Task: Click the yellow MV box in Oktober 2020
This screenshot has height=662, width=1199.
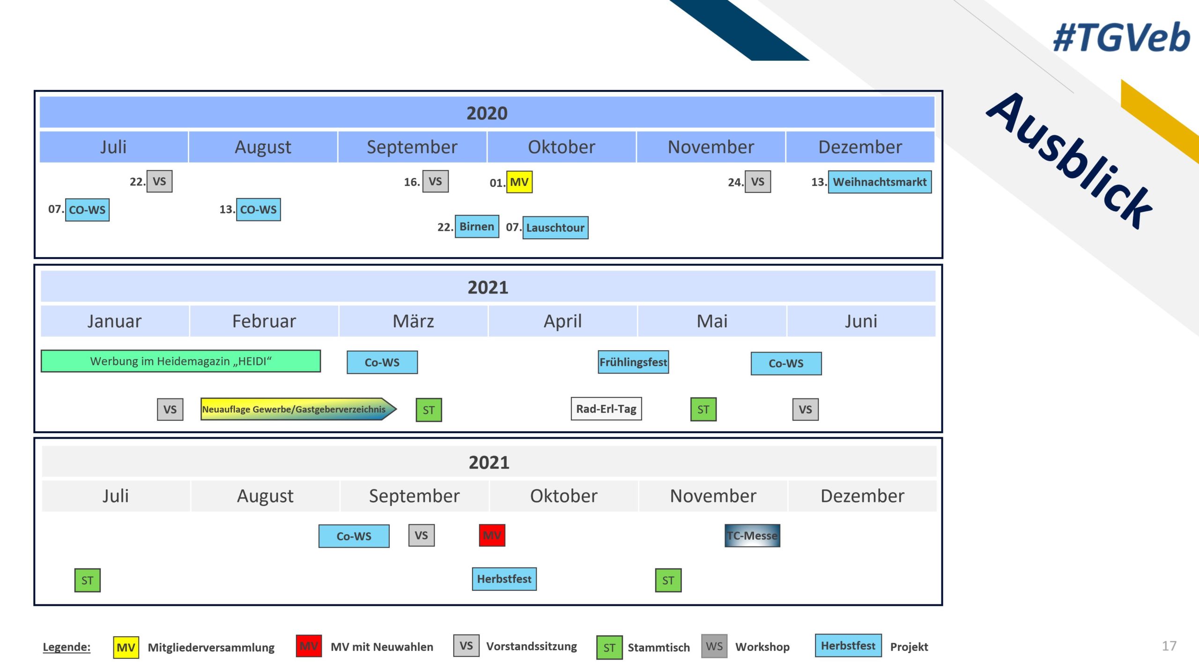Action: [519, 182]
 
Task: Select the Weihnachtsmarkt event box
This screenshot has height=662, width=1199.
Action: [880, 182]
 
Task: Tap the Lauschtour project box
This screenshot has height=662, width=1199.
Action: [555, 228]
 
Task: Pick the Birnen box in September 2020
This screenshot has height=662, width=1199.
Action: [477, 227]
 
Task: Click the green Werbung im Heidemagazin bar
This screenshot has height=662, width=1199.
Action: [181, 361]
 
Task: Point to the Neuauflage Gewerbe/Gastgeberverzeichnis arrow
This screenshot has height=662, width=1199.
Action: [298, 409]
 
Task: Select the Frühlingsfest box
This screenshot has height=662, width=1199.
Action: [633, 362]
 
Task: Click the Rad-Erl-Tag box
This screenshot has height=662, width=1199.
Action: [606, 409]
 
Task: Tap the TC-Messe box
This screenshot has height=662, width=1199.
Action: [752, 536]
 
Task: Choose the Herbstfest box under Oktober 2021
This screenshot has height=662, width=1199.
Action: [504, 579]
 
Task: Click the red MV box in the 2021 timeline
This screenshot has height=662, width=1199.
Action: [492, 536]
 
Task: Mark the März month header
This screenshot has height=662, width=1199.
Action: [413, 321]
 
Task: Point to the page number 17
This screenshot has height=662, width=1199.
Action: [1169, 646]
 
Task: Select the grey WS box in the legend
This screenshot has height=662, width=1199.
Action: [714, 647]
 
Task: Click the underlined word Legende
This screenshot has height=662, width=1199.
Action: [67, 647]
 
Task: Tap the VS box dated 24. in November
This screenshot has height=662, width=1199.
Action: [758, 182]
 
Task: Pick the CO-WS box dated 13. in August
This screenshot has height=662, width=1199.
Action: [259, 209]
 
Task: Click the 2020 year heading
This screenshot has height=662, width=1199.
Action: [487, 113]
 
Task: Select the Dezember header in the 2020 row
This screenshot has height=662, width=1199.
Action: [860, 147]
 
